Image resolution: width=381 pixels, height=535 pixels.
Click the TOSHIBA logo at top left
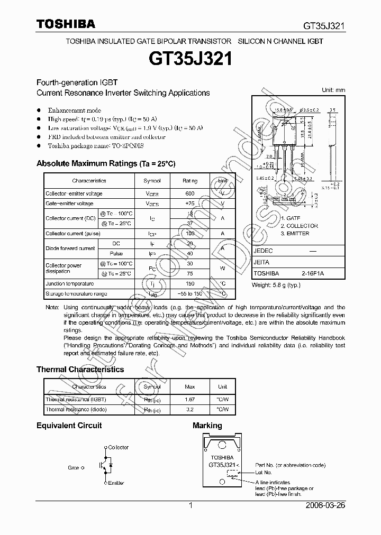(66, 24)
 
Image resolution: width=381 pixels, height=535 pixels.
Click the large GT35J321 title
(190, 59)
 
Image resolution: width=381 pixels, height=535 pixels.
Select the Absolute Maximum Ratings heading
(105, 164)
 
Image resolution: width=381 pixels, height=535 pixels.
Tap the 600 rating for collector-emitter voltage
(190, 194)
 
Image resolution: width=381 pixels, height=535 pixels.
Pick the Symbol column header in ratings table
(152, 181)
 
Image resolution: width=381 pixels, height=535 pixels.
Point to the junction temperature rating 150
(190, 284)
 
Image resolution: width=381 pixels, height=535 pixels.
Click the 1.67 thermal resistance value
(190, 400)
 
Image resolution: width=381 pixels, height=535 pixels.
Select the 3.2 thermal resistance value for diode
(190, 409)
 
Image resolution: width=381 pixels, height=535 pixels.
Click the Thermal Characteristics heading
(80, 370)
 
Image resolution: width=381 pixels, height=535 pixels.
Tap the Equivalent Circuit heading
(69, 426)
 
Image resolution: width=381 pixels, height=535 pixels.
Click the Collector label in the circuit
(118, 447)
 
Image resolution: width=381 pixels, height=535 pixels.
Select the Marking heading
(207, 426)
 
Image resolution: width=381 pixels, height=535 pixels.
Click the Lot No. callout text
(264, 472)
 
